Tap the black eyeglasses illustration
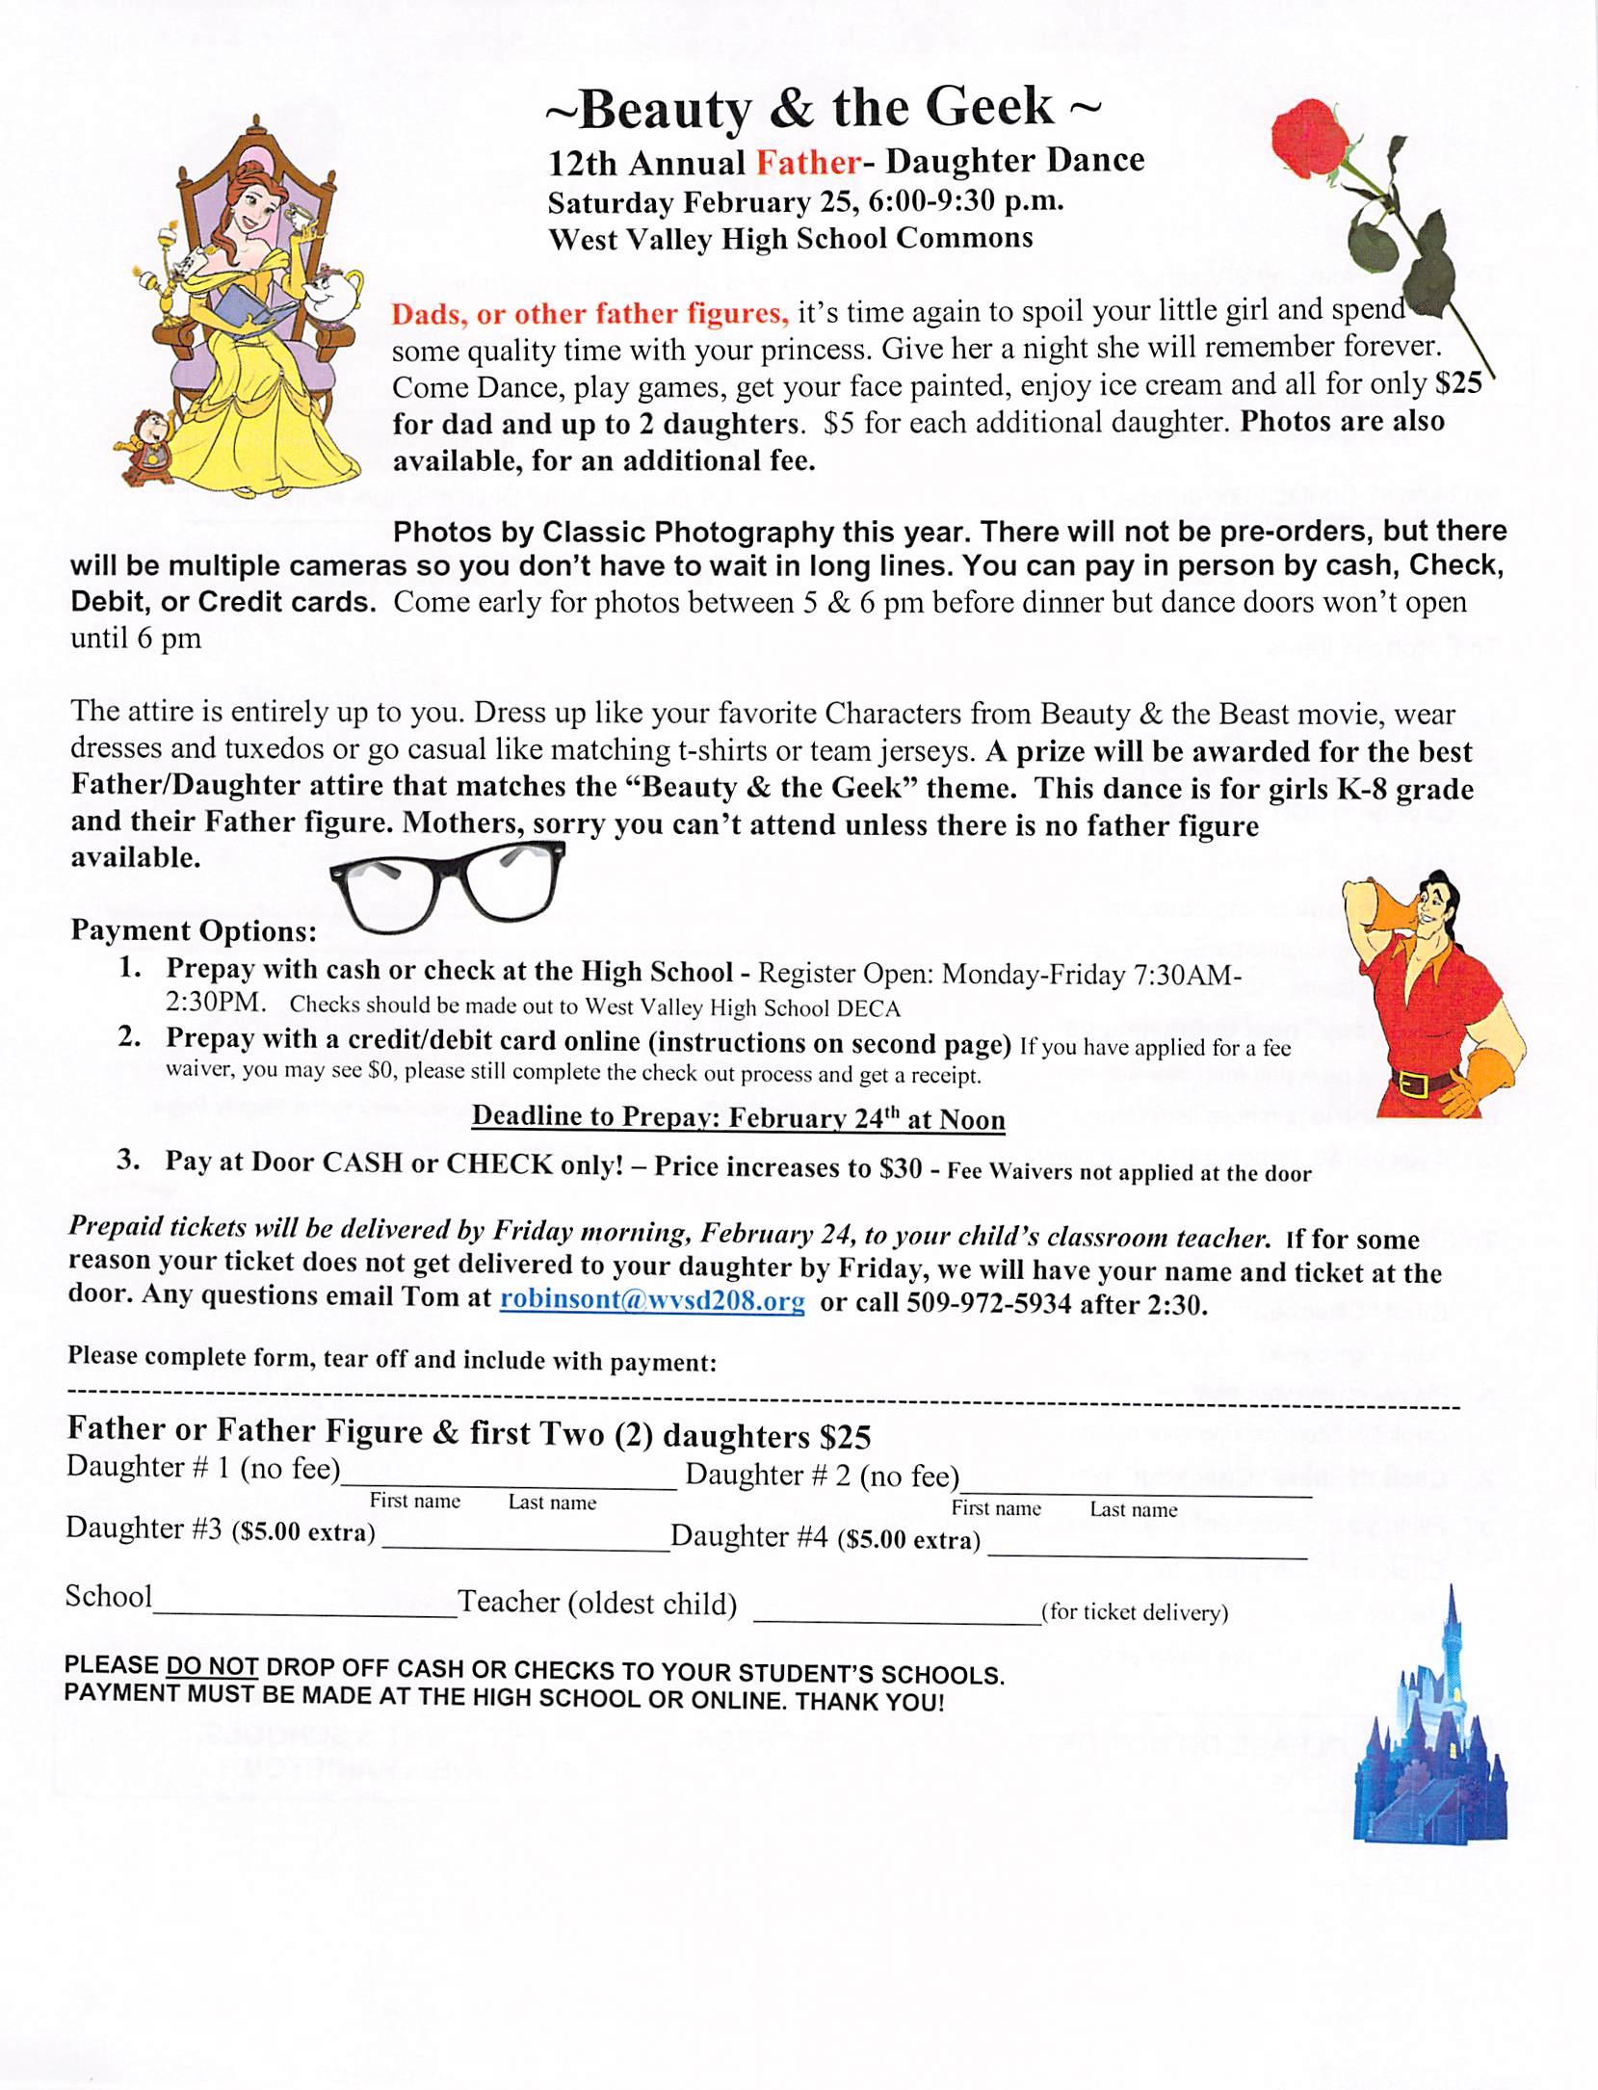coord(447,890)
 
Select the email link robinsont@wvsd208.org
coord(652,1301)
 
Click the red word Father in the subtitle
coord(807,162)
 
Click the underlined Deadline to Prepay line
coord(738,1118)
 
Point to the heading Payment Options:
coord(194,931)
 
